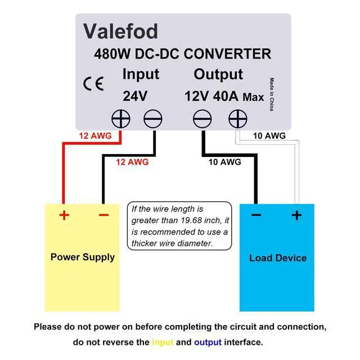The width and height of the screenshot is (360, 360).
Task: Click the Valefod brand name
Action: (x=120, y=31)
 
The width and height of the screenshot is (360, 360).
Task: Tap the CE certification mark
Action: (x=93, y=84)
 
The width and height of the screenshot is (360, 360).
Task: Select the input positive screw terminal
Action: (x=121, y=119)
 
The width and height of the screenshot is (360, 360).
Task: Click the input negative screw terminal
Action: (x=153, y=119)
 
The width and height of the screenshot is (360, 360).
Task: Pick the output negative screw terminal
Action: (x=202, y=119)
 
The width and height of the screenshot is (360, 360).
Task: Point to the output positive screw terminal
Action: (x=238, y=119)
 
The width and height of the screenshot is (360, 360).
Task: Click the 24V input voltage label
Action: (x=135, y=96)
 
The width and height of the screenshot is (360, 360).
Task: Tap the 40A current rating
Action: (x=226, y=96)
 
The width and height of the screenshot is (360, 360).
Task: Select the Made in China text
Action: (x=272, y=94)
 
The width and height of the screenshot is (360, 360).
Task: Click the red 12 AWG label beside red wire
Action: (x=95, y=136)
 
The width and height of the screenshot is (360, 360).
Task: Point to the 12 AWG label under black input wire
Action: (x=132, y=162)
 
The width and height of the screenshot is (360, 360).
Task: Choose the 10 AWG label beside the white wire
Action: (x=269, y=136)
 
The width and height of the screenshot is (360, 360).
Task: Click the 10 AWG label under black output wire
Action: (x=225, y=162)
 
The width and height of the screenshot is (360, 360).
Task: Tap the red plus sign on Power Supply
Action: (x=64, y=215)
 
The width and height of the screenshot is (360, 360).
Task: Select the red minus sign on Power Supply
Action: (x=103, y=215)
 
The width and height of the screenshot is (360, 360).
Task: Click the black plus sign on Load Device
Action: (x=296, y=215)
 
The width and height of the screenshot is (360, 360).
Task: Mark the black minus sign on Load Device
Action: (x=256, y=215)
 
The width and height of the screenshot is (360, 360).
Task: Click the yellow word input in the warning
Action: (x=163, y=343)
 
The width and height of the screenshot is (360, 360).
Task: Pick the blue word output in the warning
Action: (x=208, y=343)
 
